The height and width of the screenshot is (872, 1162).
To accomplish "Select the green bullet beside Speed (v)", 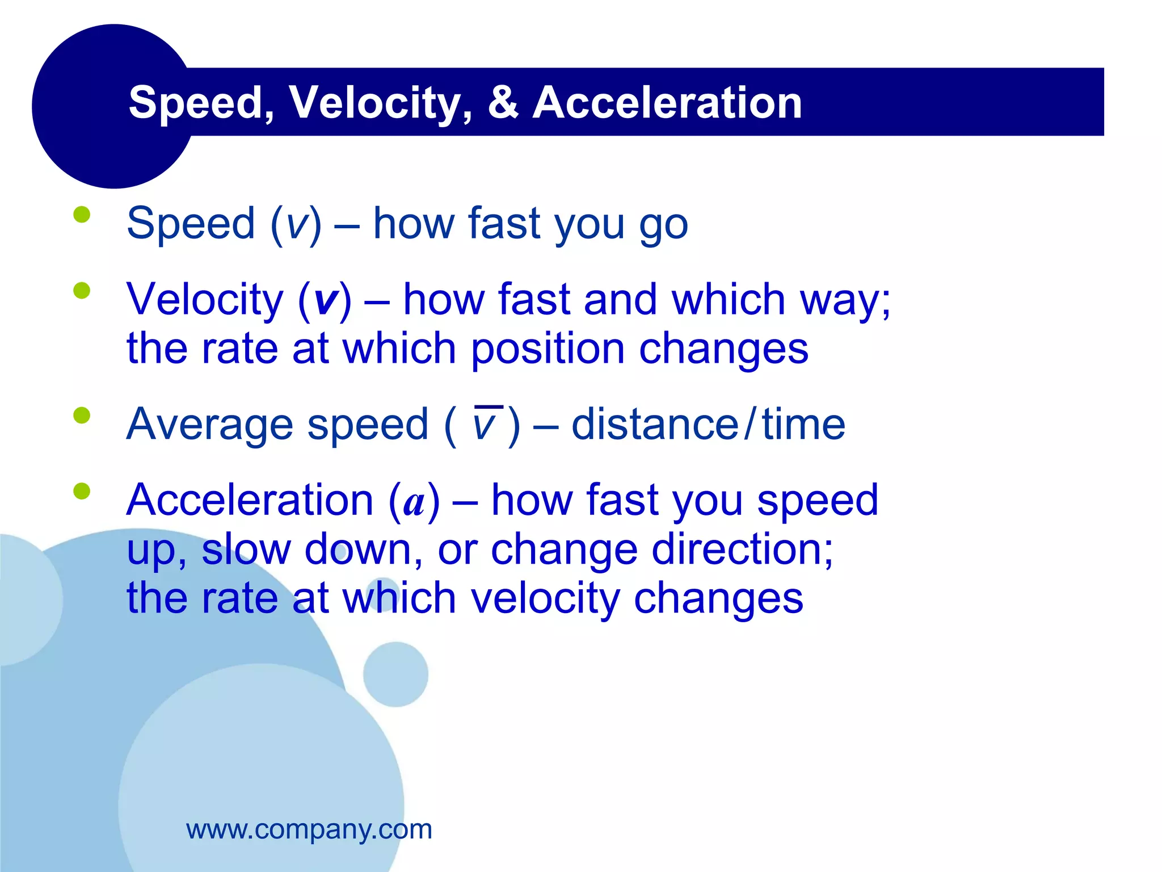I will pos(82,215).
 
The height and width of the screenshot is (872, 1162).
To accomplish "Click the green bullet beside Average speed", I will pos(82,415).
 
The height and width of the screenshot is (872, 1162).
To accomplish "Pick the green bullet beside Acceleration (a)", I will pos(82,491).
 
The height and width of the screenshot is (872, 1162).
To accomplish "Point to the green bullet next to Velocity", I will pos(82,291).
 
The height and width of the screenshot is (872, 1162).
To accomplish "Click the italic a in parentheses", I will pos(414,502).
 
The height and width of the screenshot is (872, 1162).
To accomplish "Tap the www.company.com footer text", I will pos(309,829).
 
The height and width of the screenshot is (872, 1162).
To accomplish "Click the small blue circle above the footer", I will pos(395,674).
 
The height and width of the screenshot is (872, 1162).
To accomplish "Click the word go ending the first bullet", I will pos(663,225).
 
